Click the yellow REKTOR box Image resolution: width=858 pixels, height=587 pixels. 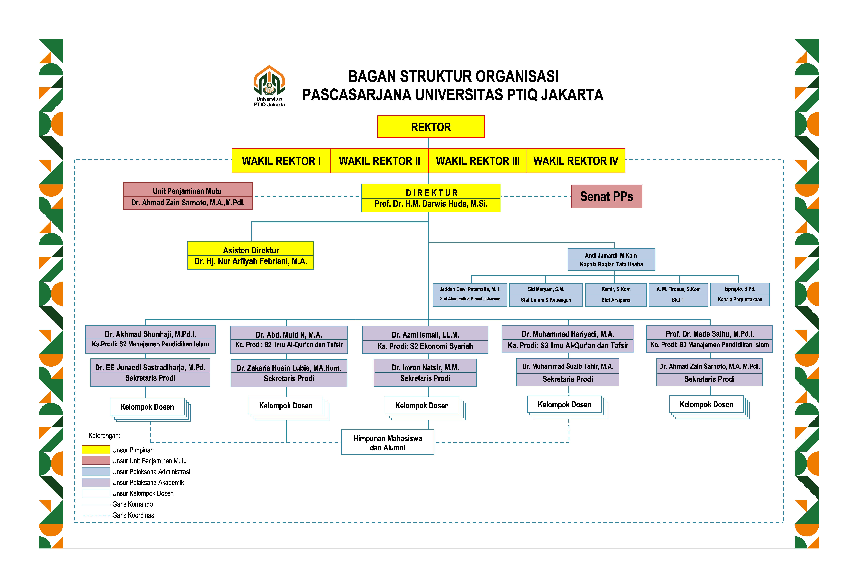pos(431,127)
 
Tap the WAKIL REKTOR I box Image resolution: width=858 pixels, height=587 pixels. pos(281,161)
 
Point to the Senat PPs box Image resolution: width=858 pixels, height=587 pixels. pos(607,196)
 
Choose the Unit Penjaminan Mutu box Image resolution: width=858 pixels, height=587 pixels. pos(188,196)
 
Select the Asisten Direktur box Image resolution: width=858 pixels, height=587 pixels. pos(251,255)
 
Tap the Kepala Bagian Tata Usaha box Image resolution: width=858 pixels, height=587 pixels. pos(611,260)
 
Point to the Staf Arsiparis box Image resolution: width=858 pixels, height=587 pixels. pos(616,295)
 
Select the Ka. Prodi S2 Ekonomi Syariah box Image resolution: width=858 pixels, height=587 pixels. pos(425,340)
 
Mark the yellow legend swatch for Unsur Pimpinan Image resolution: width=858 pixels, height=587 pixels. pos(96,450)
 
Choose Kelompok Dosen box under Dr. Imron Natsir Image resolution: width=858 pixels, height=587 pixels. pos(422,405)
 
